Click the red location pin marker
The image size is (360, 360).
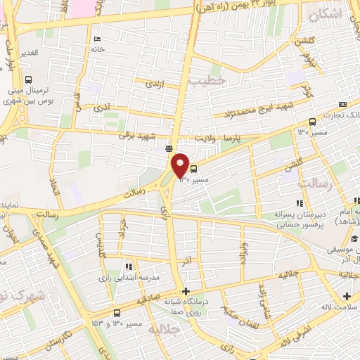[181, 165]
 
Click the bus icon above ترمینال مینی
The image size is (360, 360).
[29, 79]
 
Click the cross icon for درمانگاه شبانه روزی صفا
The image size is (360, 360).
[185, 291]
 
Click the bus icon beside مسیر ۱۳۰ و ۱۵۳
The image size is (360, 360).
[117, 313]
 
